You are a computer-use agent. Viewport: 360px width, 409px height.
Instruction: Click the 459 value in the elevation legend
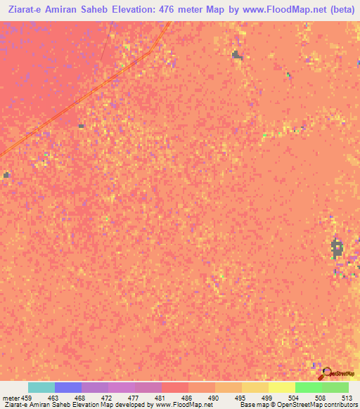tap(27, 397)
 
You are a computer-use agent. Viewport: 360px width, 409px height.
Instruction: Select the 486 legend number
tap(188, 397)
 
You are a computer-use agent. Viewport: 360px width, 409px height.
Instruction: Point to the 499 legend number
tap(268, 397)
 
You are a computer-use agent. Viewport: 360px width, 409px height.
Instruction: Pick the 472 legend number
tap(108, 397)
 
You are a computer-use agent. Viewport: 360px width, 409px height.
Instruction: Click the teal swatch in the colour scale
tap(41, 387)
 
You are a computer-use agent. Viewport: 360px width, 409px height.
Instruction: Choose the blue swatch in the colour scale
tap(68, 387)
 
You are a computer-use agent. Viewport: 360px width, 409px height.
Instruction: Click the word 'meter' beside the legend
tap(11, 397)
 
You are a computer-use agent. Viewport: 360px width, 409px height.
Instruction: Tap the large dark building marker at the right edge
tap(337, 247)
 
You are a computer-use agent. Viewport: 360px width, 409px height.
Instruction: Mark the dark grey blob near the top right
tap(237, 55)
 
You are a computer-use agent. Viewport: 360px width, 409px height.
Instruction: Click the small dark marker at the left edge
tap(6, 175)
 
